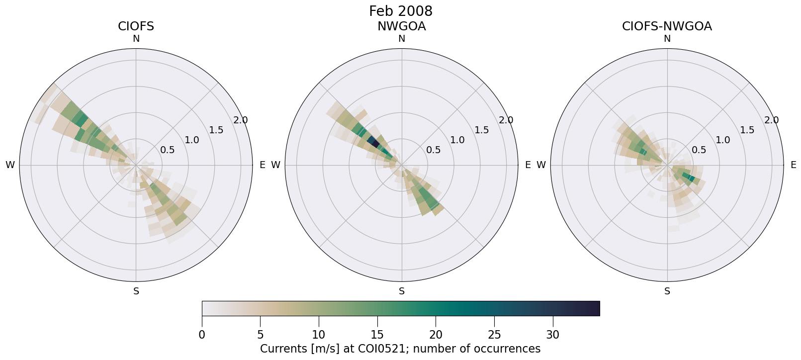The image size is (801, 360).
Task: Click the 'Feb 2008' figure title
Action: pyautogui.click(x=400, y=11)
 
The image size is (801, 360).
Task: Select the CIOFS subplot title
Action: pyautogui.click(x=136, y=26)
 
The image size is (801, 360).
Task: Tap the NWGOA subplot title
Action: pyautogui.click(x=401, y=26)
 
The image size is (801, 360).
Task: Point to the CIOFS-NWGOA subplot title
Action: pyautogui.click(x=667, y=26)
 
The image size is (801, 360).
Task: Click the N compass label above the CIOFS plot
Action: pyautogui.click(x=136, y=39)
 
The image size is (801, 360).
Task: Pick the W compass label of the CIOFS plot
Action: pyautogui.click(x=10, y=165)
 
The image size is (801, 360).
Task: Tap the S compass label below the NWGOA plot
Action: pyautogui.click(x=401, y=291)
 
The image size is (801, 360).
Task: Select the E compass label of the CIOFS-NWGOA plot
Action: pyautogui.click(x=793, y=165)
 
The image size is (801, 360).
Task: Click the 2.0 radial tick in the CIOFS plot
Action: pyautogui.click(x=241, y=120)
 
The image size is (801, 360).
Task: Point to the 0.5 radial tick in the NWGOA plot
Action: pyautogui.click(x=433, y=150)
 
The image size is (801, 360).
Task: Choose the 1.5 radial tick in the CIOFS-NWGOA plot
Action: pyautogui.click(x=747, y=130)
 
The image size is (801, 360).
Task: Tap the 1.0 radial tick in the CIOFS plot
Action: pyautogui.click(x=192, y=140)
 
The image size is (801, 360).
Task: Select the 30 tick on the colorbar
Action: pyautogui.click(x=553, y=335)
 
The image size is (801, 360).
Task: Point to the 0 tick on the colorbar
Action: pyautogui.click(x=202, y=335)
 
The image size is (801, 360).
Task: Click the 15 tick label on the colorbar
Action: pyautogui.click(x=377, y=335)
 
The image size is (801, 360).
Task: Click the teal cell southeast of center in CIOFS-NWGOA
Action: pyautogui.click(x=689, y=177)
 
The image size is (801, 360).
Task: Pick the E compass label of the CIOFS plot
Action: pyautogui.click(x=262, y=165)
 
